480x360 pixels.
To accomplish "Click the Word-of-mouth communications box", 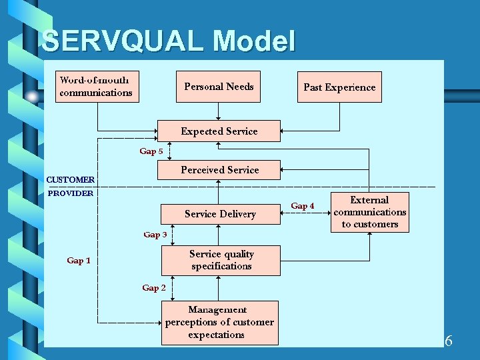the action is tap(97, 87).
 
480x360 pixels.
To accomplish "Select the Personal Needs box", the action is tap(219, 87).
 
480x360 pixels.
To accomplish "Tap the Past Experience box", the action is tap(339, 87).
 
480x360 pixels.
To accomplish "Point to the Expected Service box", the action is tap(219, 131).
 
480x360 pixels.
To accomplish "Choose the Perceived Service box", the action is tap(219, 170).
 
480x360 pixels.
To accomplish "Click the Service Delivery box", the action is tap(220, 214).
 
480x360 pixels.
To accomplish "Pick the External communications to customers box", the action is tap(370, 212).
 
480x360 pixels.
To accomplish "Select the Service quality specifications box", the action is tap(221, 260).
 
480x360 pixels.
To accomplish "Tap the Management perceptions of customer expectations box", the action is tap(219, 323).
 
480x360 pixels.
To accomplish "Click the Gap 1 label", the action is tap(79, 261).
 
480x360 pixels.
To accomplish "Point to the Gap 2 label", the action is tap(154, 288).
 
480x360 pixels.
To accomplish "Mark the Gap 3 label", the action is tap(155, 235).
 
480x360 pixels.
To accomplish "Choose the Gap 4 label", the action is tap(303, 206).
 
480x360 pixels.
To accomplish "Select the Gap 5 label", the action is tap(151, 151).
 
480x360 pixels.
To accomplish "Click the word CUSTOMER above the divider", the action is tap(70, 179).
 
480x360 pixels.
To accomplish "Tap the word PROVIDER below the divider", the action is tap(71, 193).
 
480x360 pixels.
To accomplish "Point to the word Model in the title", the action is tap(254, 41).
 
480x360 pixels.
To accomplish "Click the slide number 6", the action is tap(449, 341).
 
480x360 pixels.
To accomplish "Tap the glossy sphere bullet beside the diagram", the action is tap(32, 97).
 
